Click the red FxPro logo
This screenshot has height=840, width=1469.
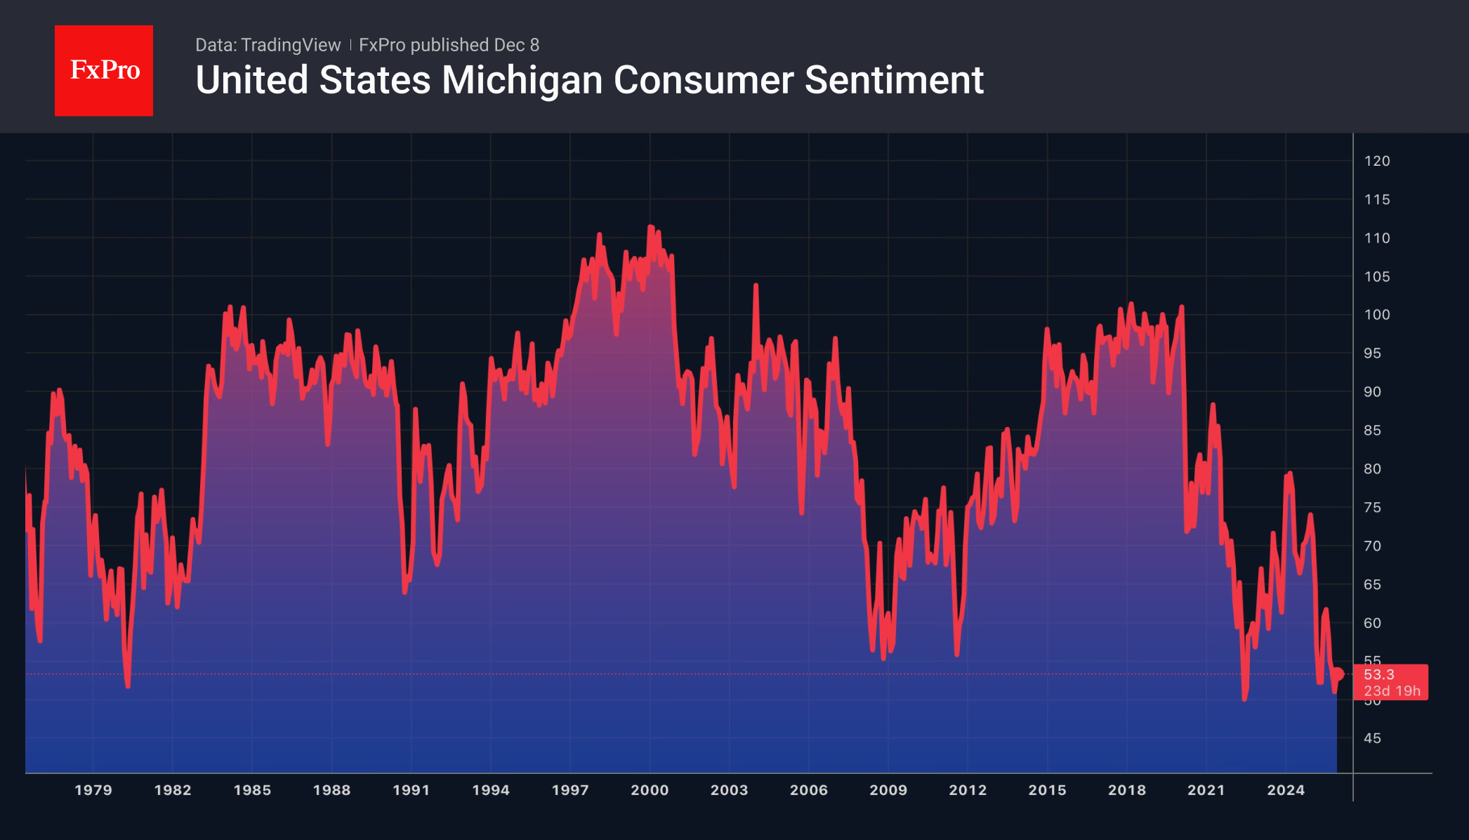pos(104,71)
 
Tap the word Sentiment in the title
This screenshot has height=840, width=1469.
pos(893,80)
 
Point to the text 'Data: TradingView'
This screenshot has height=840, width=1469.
pos(268,45)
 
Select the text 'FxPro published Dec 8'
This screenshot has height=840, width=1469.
pos(449,45)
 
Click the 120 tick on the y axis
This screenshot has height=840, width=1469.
pos(1376,161)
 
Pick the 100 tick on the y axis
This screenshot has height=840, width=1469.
pos(1376,315)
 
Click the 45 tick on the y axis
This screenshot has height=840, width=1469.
pos(1372,738)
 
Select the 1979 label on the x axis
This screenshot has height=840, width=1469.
pos(93,790)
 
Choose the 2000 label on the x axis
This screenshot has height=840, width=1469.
pos(650,790)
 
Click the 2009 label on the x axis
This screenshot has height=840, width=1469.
pos(888,790)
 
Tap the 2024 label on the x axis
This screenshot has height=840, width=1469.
pos(1286,790)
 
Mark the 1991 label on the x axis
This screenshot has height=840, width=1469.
pos(411,790)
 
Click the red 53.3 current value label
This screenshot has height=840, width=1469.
pos(1379,674)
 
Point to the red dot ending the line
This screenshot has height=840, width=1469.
pos(1338,674)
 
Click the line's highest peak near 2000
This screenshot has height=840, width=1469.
pos(650,227)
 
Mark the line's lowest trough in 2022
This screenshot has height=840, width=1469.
pos(1244,699)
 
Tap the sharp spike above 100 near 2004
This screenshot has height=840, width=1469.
pos(756,285)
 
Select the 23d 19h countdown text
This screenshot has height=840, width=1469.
pos(1392,691)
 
